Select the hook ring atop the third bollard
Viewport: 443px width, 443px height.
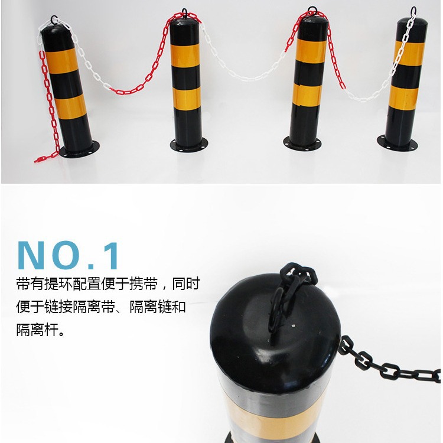click(x=311, y=12)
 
